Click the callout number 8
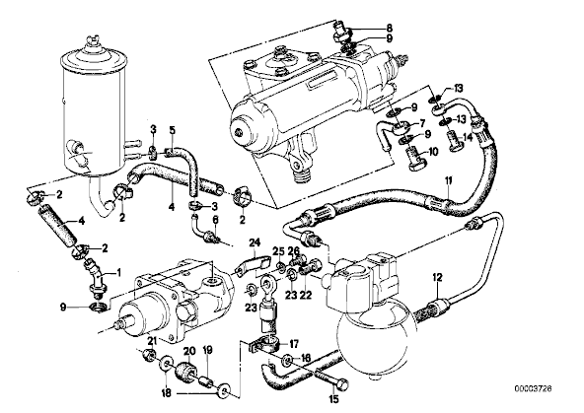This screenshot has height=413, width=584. [390, 28]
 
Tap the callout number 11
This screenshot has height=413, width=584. [449, 181]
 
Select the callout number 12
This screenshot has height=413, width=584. [437, 277]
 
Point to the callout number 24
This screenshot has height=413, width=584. [254, 243]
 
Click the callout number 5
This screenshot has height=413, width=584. [172, 130]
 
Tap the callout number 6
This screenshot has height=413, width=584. [214, 220]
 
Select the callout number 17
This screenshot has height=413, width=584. [294, 345]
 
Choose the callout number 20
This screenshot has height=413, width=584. [189, 350]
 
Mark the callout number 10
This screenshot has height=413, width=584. [423, 152]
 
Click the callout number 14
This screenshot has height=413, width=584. [468, 137]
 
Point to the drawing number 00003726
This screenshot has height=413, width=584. [534, 388]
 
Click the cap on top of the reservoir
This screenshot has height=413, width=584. [90, 42]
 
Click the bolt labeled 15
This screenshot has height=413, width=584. [332, 377]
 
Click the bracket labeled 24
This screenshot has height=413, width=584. [254, 263]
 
